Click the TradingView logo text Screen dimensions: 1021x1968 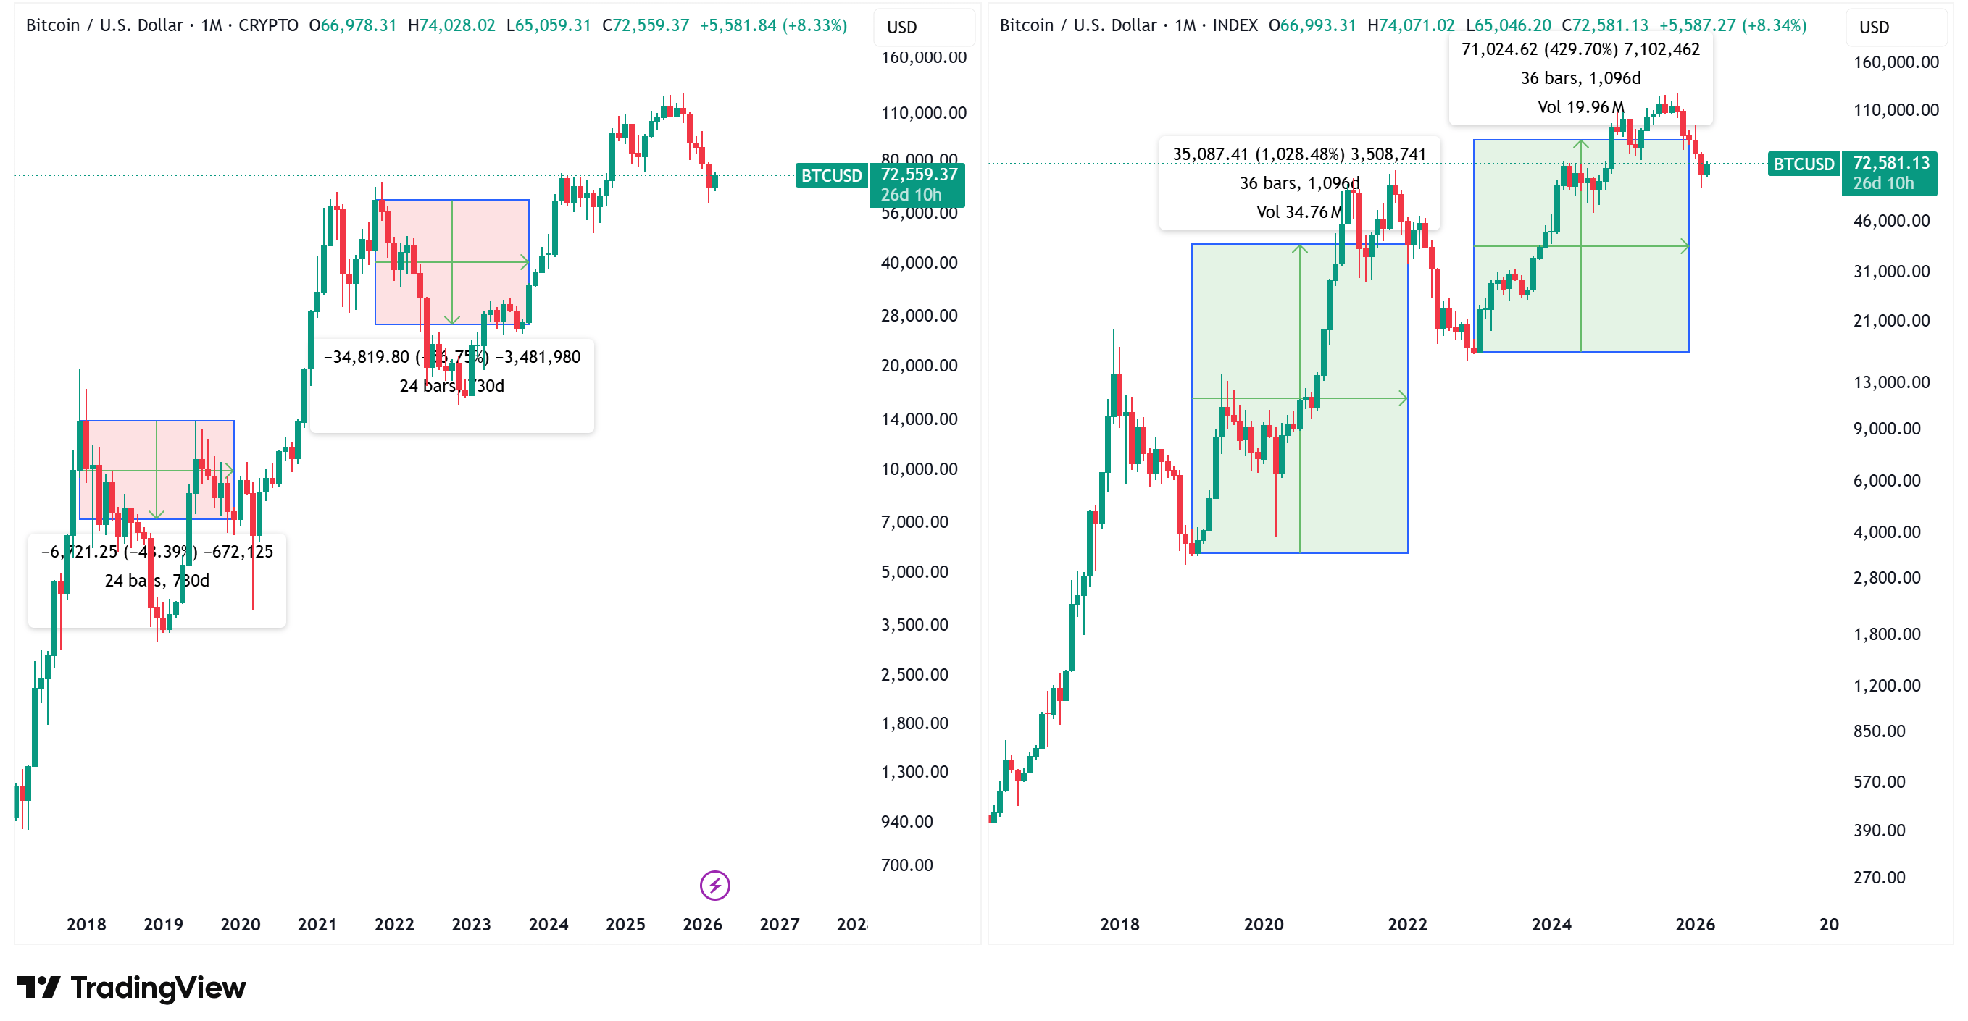click(157, 988)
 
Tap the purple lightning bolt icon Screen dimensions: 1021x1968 click(714, 885)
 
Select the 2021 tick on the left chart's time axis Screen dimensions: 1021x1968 click(317, 924)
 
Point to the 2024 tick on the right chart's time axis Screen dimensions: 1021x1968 click(1551, 924)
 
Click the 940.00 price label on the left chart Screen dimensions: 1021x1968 click(907, 821)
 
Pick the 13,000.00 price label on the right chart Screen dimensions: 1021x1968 click(1891, 382)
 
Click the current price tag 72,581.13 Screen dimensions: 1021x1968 click(1891, 164)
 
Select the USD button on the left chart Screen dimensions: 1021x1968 click(901, 28)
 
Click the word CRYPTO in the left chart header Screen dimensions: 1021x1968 click(268, 25)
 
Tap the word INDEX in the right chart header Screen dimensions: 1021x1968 click(1235, 25)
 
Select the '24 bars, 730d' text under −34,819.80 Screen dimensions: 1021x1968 click(451, 386)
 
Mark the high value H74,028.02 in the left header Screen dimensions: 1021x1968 click(451, 25)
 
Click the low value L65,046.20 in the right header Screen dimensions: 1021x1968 click(1508, 25)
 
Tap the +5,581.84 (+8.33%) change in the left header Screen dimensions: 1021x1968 click(773, 25)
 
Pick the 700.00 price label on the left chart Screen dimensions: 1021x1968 click(907, 865)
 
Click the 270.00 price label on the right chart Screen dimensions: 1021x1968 click(1879, 877)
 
